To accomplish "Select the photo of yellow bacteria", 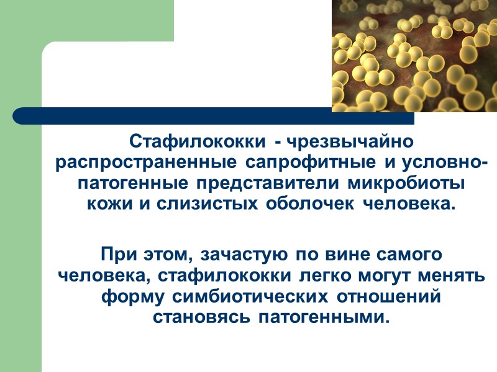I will (x=414, y=56).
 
